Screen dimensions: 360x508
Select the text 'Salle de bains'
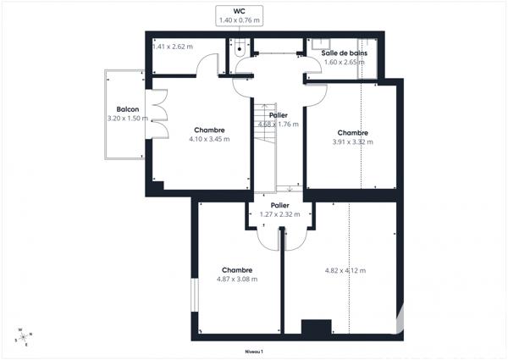coord(345,53)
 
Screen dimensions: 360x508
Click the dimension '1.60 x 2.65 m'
coord(345,62)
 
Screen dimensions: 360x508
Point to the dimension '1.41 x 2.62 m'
coord(173,47)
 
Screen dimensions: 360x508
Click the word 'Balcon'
coord(128,110)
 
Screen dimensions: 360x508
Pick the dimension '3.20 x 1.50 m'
coord(128,119)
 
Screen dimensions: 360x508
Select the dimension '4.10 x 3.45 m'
coord(208,139)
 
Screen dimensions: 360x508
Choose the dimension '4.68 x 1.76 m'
coord(279,125)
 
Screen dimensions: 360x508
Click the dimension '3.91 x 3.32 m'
coord(352,141)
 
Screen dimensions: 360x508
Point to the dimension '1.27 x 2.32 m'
coord(280,214)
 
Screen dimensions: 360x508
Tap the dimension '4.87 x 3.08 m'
coord(237,279)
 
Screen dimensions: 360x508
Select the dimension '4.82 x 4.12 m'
coord(345,270)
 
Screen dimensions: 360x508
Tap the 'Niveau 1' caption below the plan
coord(254,351)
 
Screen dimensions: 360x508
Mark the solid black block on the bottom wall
coord(316,327)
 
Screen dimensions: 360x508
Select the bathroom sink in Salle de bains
coord(326,42)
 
